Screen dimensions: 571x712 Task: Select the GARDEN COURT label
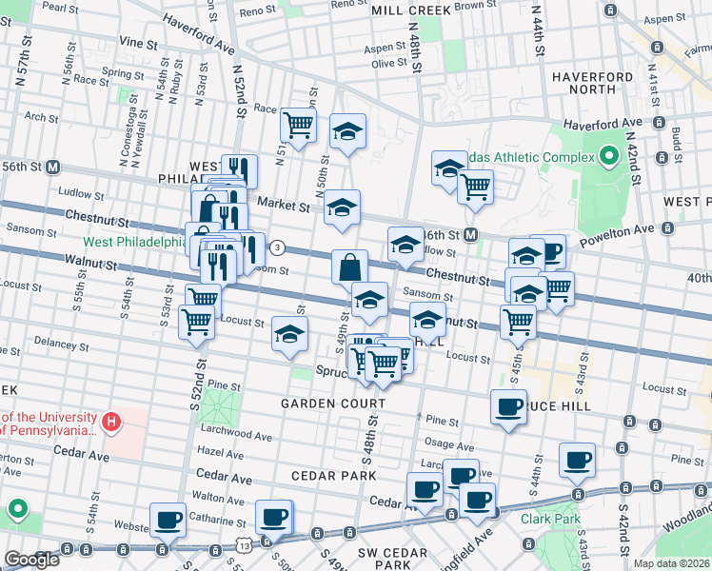point(332,404)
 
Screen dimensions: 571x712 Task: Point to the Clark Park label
point(544,520)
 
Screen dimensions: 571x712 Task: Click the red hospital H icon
point(111,420)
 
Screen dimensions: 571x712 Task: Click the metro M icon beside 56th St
point(52,166)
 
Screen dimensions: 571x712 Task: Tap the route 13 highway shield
point(246,545)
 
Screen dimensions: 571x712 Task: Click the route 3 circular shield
point(277,247)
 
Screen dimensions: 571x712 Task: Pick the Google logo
point(31,559)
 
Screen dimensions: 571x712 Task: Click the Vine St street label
point(138,44)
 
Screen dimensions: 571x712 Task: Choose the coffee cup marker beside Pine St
point(508,406)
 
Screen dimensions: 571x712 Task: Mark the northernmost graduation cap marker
point(347,131)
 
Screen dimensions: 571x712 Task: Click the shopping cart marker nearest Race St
point(298,124)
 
